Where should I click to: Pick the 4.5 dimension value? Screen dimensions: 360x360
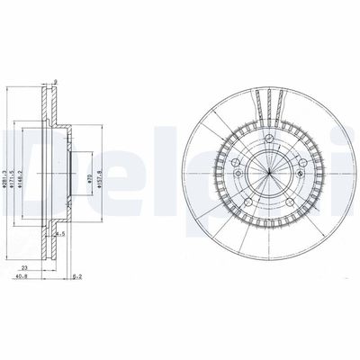point(61,235)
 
